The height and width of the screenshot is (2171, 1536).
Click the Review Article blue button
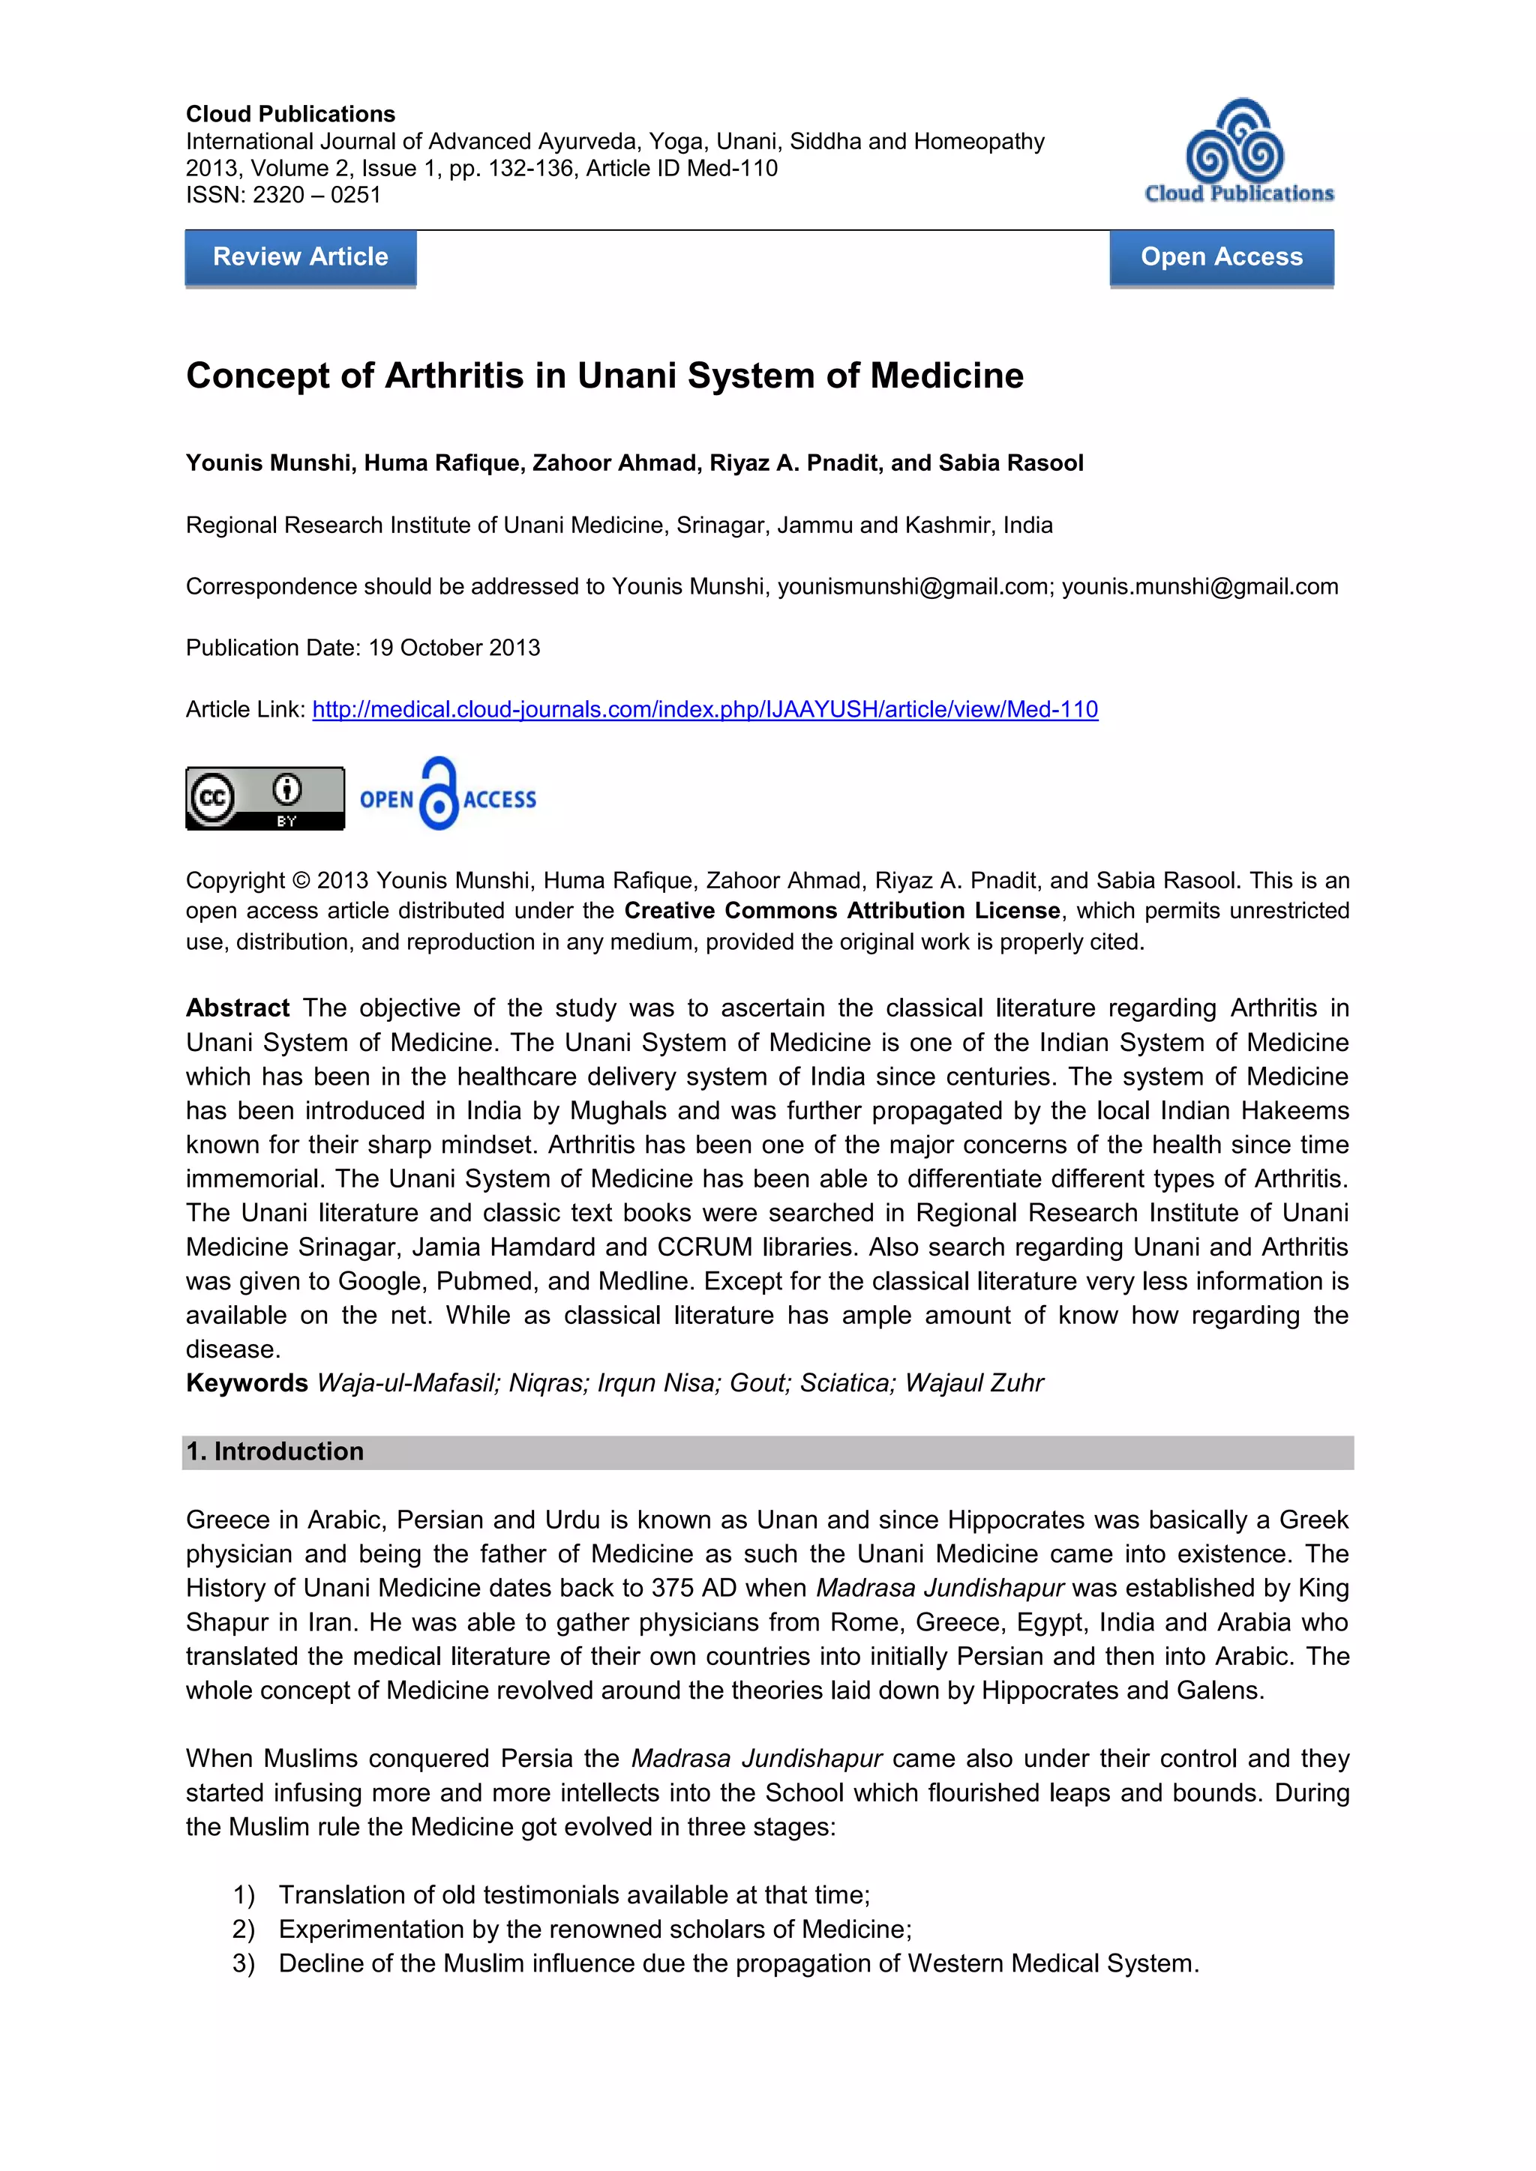pos(300,257)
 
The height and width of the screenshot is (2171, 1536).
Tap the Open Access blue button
pos(1221,257)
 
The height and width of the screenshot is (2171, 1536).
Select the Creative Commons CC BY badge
pos(265,798)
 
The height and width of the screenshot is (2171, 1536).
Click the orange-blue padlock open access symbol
pos(439,795)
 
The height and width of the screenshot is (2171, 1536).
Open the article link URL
pos(705,709)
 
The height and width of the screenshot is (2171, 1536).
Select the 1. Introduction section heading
pos(275,1451)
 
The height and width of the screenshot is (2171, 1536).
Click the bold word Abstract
pos(238,1008)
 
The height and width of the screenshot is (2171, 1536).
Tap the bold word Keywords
pos(247,1382)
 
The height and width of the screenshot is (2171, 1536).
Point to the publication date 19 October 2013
pos(454,648)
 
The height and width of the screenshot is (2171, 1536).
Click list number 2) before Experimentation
pos(243,1929)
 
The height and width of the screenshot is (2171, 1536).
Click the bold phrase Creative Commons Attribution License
pos(841,911)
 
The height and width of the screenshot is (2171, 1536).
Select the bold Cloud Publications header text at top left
pos(290,115)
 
